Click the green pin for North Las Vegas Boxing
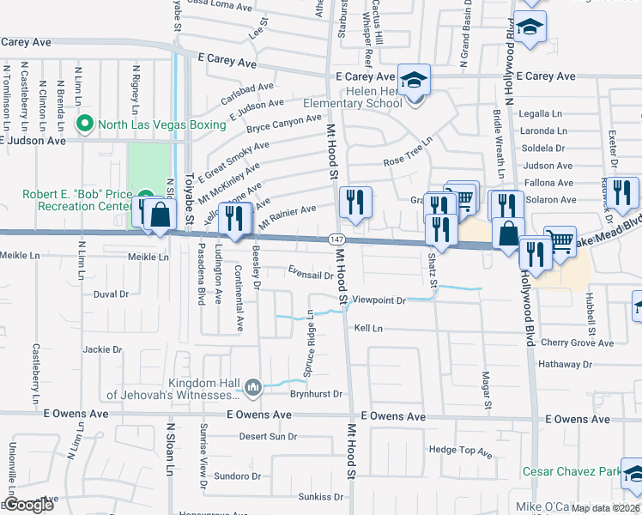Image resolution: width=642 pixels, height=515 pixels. pyautogui.click(x=84, y=124)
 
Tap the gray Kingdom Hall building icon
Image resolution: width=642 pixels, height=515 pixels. pyautogui.click(x=252, y=388)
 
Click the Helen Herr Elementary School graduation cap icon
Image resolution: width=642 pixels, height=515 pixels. pyautogui.click(x=415, y=82)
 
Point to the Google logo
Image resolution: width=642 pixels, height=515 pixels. pyautogui.click(x=28, y=506)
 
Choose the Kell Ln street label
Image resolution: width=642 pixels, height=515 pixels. pyautogui.click(x=367, y=328)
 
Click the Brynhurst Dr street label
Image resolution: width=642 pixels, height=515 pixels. pyautogui.click(x=316, y=394)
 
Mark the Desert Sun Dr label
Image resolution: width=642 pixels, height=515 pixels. pyautogui.click(x=267, y=436)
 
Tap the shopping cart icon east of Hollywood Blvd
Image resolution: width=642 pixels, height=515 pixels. pyautogui.click(x=560, y=241)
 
